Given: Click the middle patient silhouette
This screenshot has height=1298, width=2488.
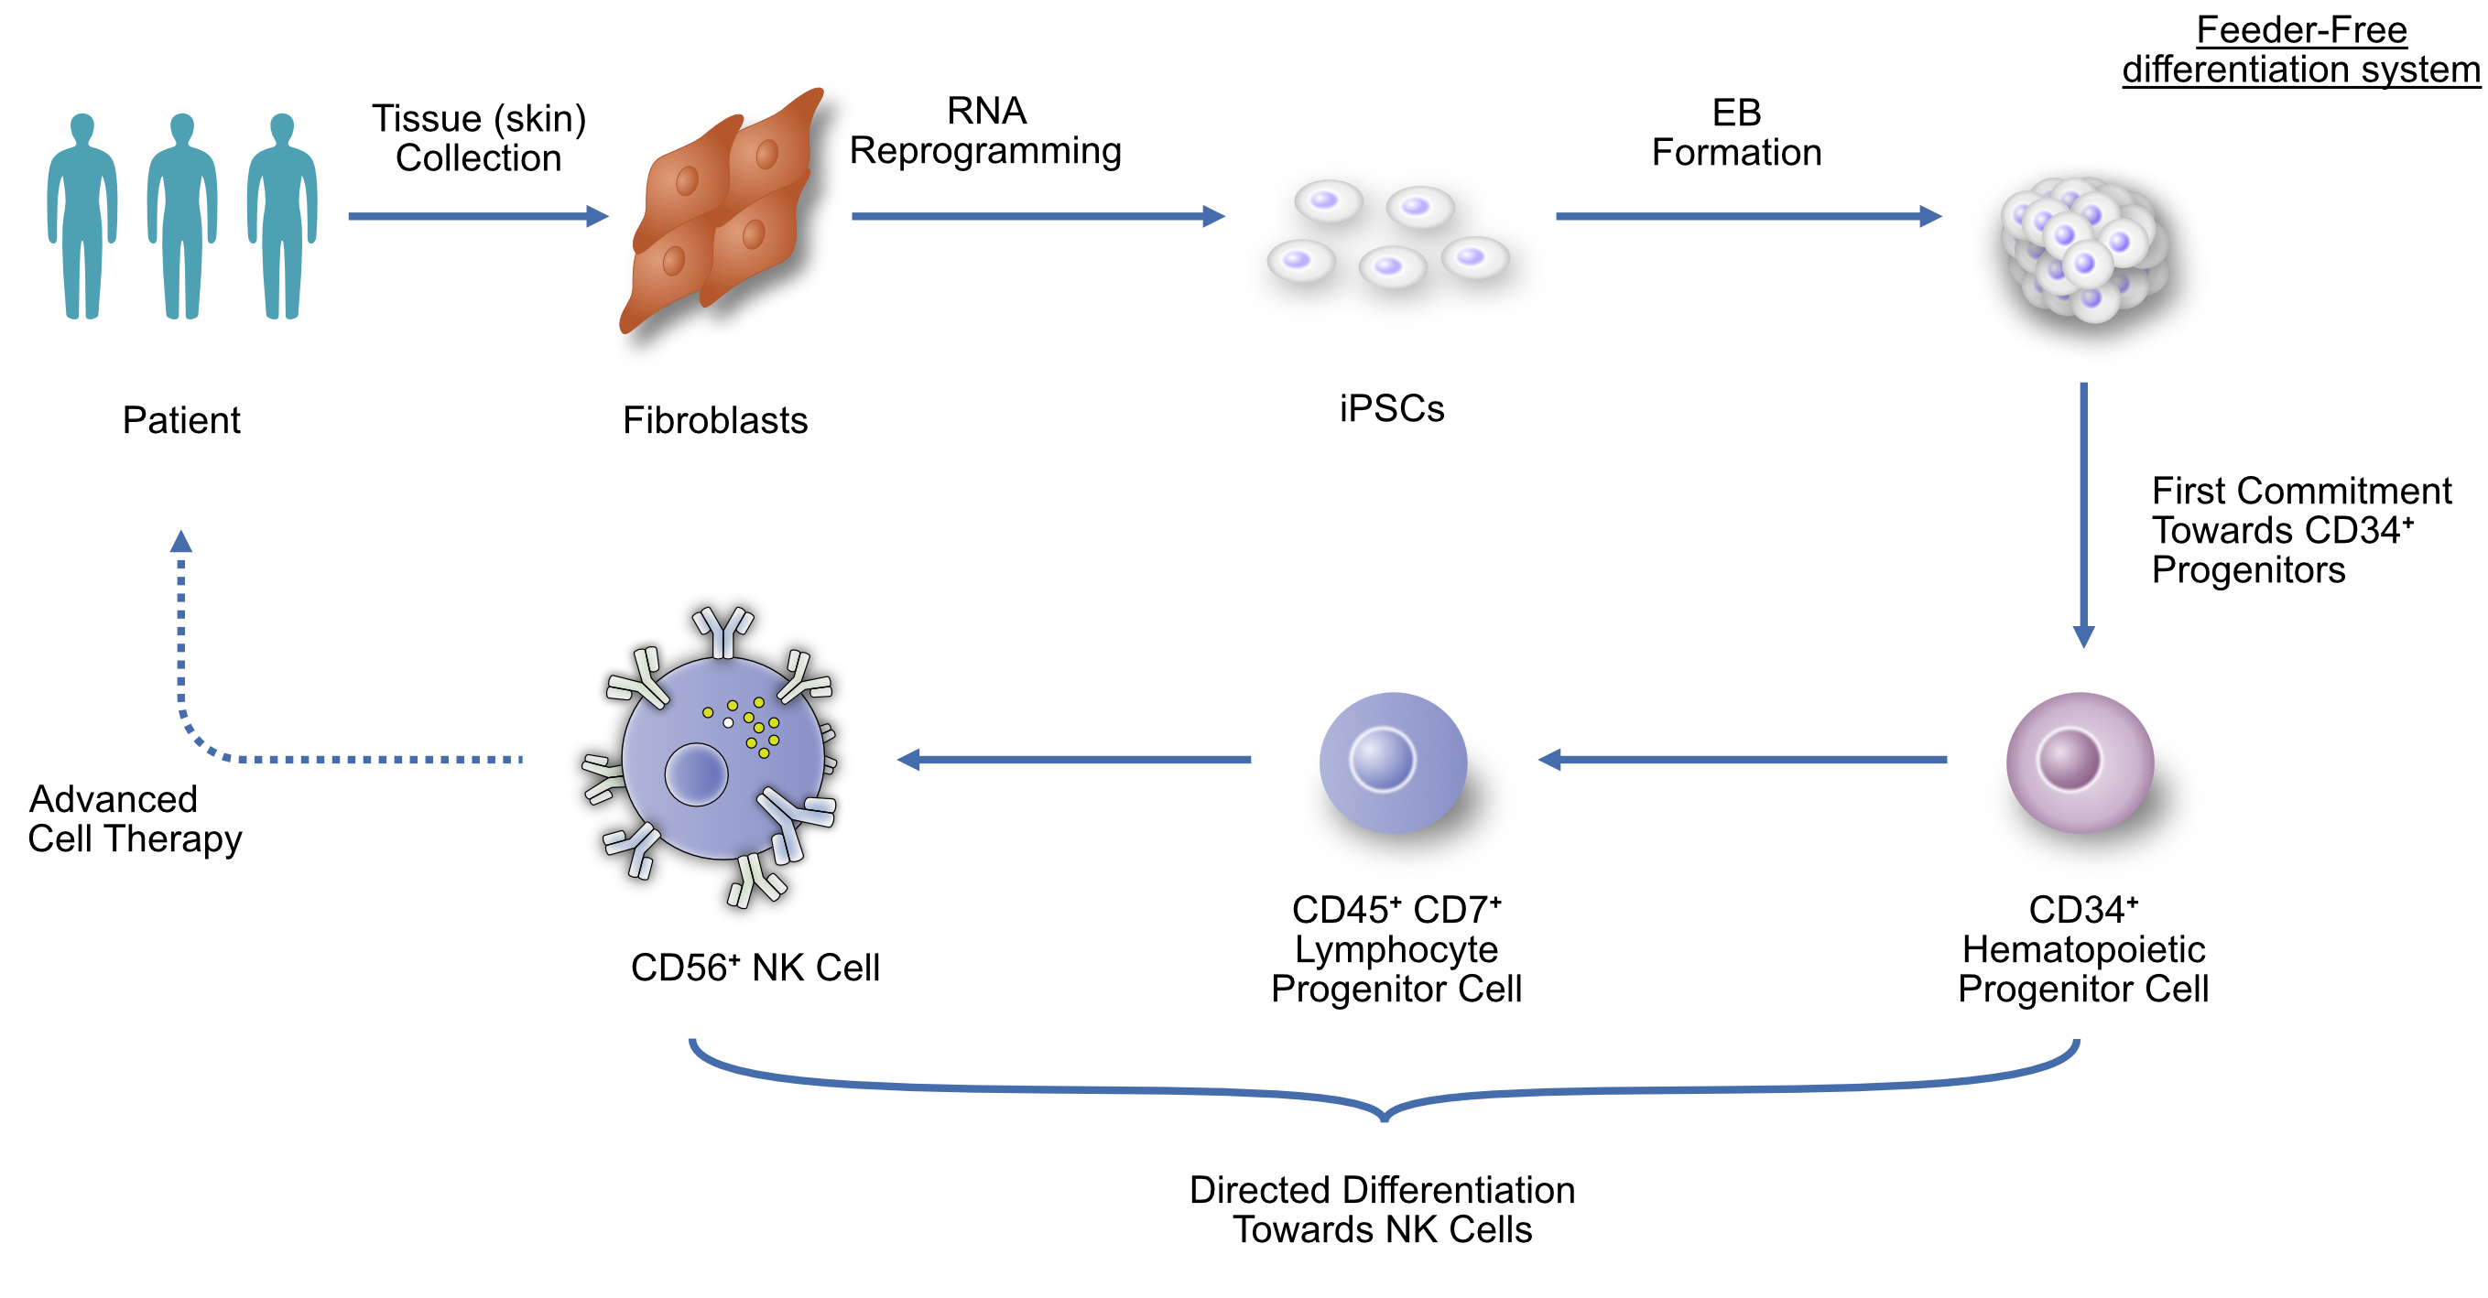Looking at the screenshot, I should point(181,217).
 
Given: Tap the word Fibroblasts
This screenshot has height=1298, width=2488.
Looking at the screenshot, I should point(715,420).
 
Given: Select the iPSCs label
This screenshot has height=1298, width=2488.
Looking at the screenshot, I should point(1391,408).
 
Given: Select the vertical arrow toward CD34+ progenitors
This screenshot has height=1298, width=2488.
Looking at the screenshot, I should point(2083,512).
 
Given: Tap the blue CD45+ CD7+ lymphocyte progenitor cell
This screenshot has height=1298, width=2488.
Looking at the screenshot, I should point(1393,762).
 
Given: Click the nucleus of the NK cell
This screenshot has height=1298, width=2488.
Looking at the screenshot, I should point(696,773).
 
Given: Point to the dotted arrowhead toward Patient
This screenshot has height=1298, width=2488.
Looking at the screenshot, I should point(180,542).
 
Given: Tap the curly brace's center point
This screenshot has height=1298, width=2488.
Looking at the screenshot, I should point(1384,1116).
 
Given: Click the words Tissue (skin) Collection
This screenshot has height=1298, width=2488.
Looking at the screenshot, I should point(479,138).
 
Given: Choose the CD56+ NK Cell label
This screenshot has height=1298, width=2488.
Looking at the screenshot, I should point(755,967).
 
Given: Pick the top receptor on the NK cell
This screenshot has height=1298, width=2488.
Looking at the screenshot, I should point(723,630).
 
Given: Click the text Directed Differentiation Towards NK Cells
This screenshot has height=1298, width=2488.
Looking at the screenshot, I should point(1382,1209).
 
